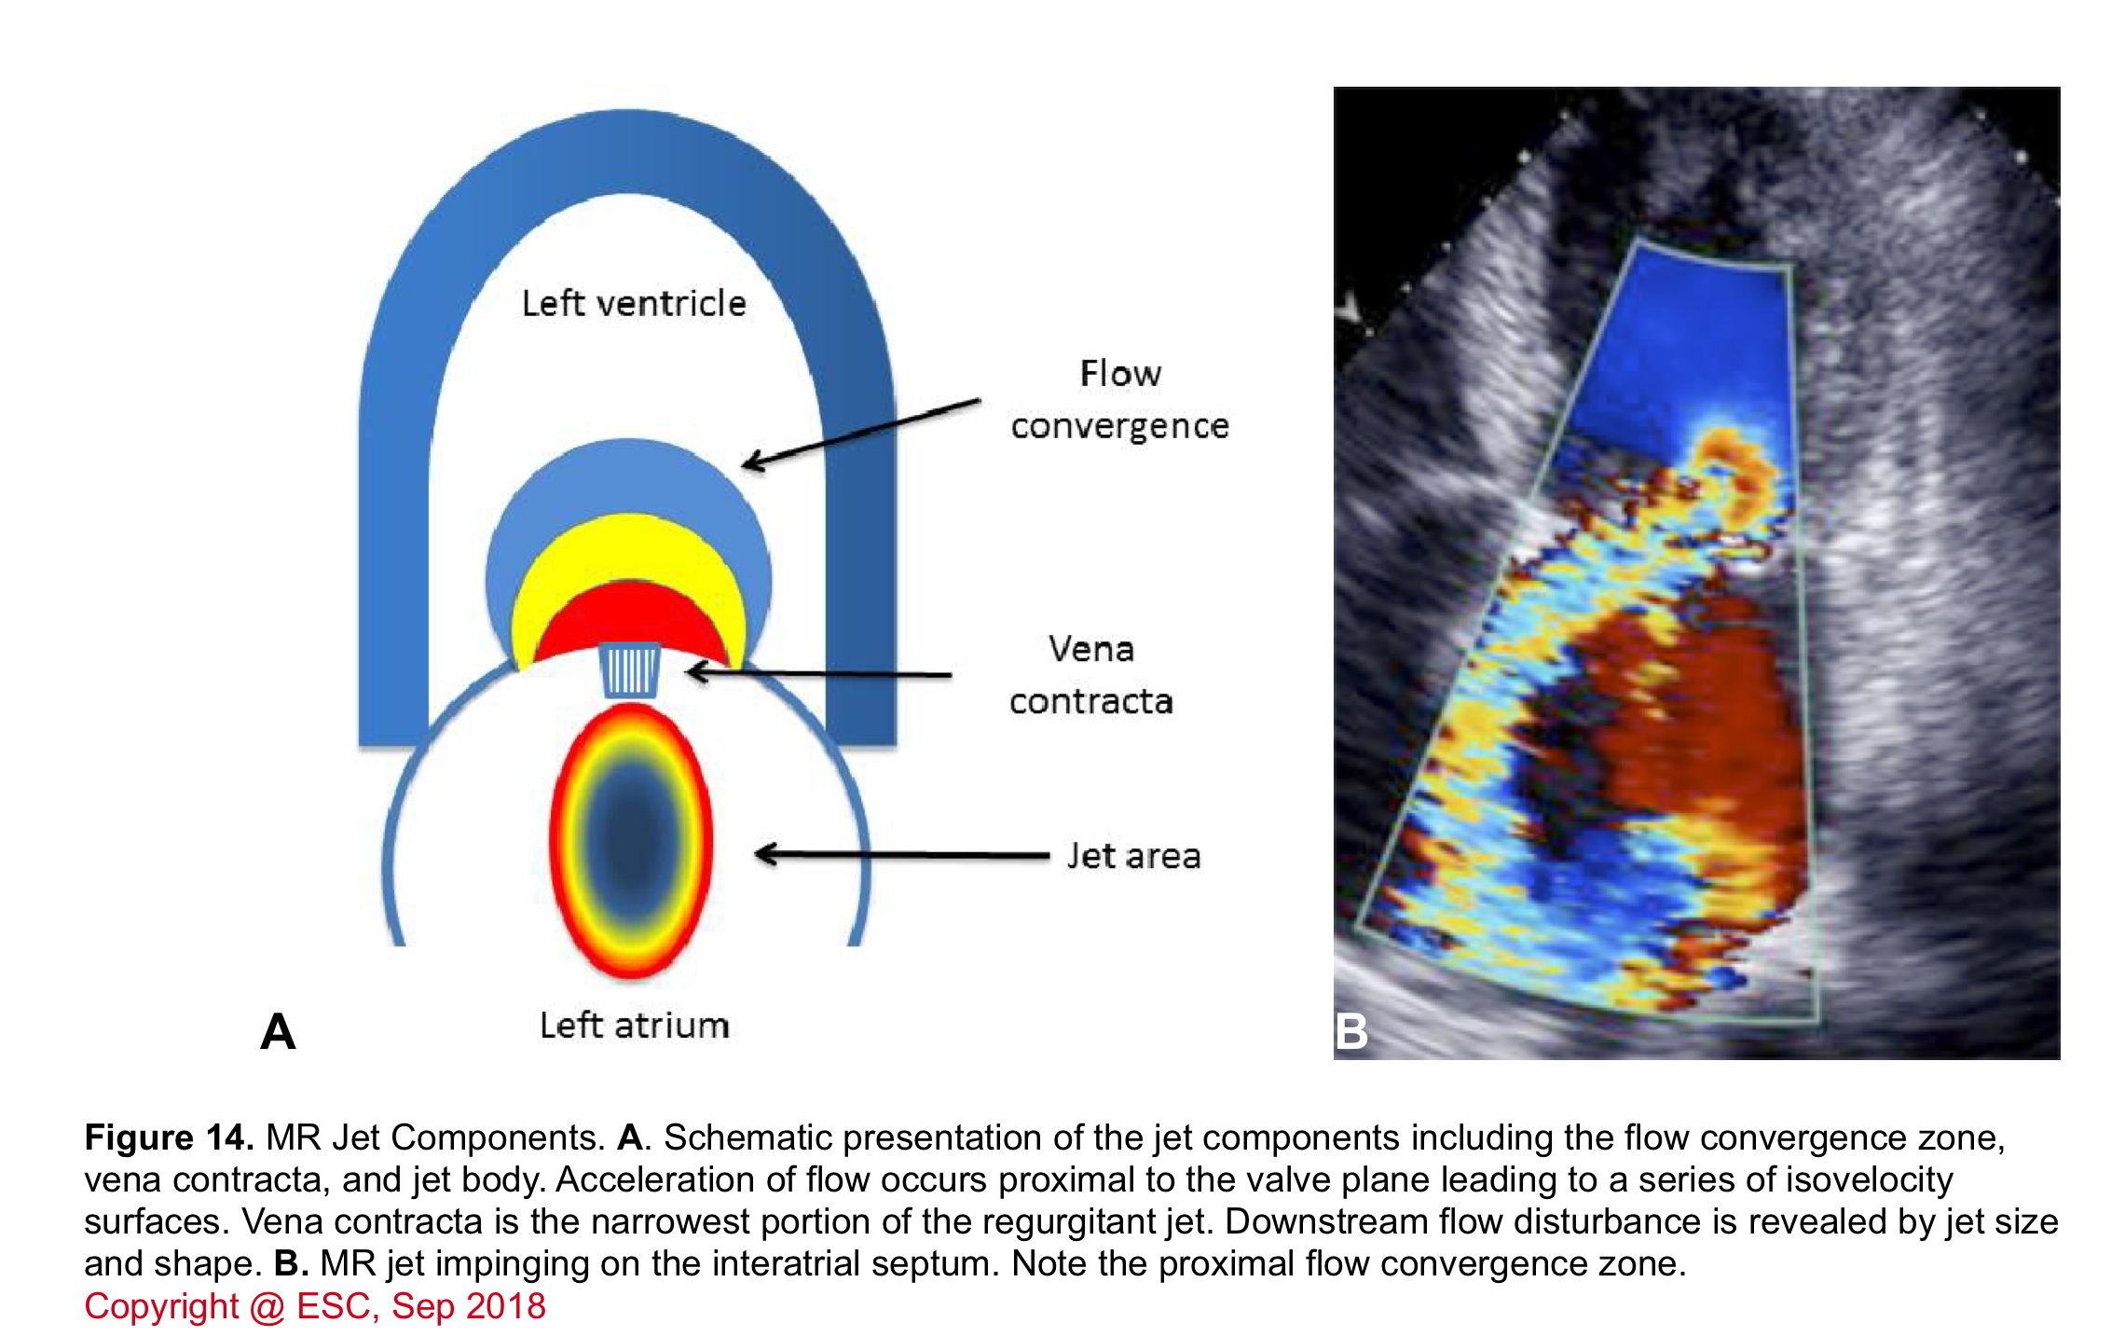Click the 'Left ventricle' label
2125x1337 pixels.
pyautogui.click(x=634, y=303)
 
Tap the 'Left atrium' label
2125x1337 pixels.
pyautogui.click(x=634, y=1025)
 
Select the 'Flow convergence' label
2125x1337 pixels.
pyautogui.click(x=1120, y=400)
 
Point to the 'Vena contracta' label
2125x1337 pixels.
pyautogui.click(x=1090, y=675)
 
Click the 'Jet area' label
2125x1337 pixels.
pyautogui.click(x=1133, y=856)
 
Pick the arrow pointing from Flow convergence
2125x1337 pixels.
pyautogui.click(x=861, y=434)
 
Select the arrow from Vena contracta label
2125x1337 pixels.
pyautogui.click(x=818, y=672)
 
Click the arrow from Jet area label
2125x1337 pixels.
pyautogui.click(x=901, y=854)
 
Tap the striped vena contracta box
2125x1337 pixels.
pyautogui.click(x=629, y=669)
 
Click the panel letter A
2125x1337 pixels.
pyautogui.click(x=278, y=1032)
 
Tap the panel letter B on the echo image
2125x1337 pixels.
pyautogui.click(x=1351, y=1032)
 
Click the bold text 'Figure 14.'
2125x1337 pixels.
pyautogui.click(x=169, y=1137)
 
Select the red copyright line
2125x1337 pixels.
pyautogui.click(x=315, y=1306)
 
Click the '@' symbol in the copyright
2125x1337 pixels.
pyautogui.click(x=267, y=1307)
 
